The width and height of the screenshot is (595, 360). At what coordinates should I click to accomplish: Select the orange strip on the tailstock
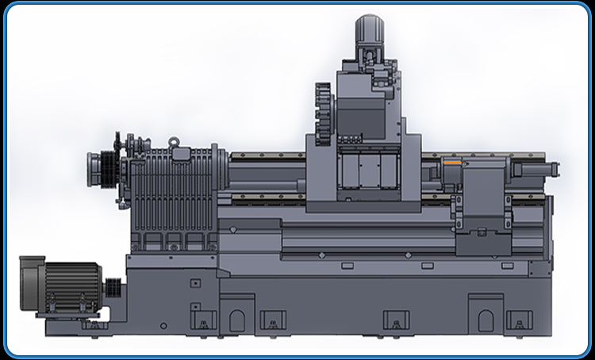coord(452,163)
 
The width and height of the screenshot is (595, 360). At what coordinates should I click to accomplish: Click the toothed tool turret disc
coord(321,114)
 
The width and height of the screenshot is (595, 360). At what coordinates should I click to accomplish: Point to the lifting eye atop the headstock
coord(176,141)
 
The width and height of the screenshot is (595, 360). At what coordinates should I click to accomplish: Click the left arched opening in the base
coord(237,320)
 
